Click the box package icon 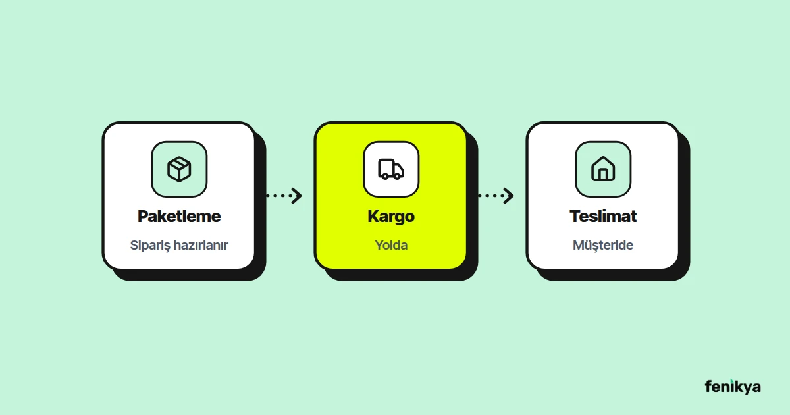click(179, 169)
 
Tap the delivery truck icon click(391, 169)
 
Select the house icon click(603, 169)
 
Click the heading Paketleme click(179, 216)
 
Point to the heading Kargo click(391, 217)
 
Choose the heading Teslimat click(603, 216)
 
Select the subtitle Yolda click(391, 245)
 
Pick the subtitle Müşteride click(603, 245)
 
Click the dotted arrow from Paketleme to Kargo click(284, 196)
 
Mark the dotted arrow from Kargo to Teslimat click(496, 196)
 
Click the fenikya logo click(733, 387)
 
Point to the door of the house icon click(603, 175)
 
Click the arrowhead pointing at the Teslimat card click(508, 196)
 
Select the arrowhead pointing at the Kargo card click(297, 196)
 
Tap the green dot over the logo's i click(731, 381)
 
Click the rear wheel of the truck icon click(386, 176)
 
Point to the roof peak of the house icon click(603, 157)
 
